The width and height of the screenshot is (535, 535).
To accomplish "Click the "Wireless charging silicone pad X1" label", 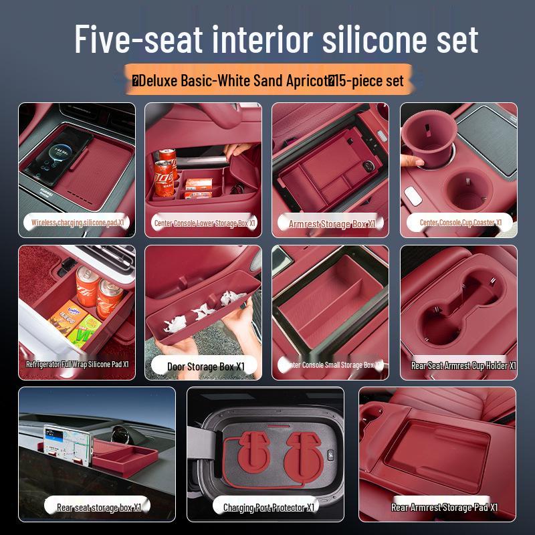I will point(78,222).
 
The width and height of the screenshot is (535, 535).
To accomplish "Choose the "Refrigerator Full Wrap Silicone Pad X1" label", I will point(77,364).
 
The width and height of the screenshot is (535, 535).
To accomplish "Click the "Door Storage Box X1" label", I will point(207,366).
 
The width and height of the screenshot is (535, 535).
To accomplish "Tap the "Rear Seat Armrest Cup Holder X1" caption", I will point(463,366).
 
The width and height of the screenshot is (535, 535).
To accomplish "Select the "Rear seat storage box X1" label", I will point(98,508).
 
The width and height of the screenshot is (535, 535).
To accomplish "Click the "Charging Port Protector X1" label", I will point(268,508).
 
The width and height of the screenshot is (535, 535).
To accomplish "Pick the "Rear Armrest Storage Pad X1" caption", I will point(444,508).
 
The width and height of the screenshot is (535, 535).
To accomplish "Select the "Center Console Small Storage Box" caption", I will point(332,365).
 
